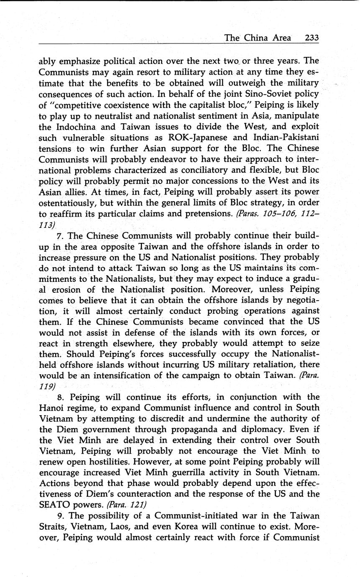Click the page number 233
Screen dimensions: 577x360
coord(312,38)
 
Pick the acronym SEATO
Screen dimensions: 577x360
coord(55,505)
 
